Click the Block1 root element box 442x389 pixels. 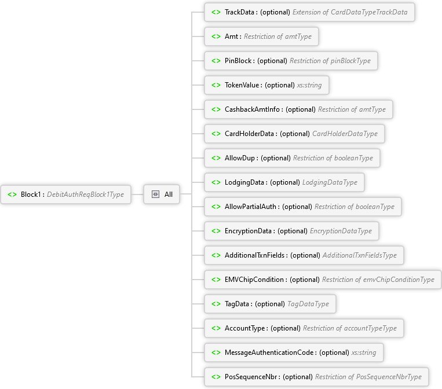point(66,195)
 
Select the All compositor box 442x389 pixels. point(162,195)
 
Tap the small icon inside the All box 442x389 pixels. point(155,195)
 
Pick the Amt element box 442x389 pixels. point(261,36)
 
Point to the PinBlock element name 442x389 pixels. point(238,61)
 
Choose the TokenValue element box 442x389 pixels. point(267,85)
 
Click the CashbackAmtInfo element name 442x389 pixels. point(253,109)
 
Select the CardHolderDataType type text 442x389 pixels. point(345,134)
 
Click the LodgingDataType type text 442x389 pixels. point(330,182)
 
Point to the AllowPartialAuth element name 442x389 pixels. point(251,207)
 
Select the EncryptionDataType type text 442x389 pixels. point(341,231)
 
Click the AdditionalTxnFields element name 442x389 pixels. point(255,255)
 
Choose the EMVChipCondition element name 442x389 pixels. point(255,280)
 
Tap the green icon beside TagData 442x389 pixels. point(215,304)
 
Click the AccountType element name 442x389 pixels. point(245,328)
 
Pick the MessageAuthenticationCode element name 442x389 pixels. point(269,353)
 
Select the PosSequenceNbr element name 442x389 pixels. point(251,377)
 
